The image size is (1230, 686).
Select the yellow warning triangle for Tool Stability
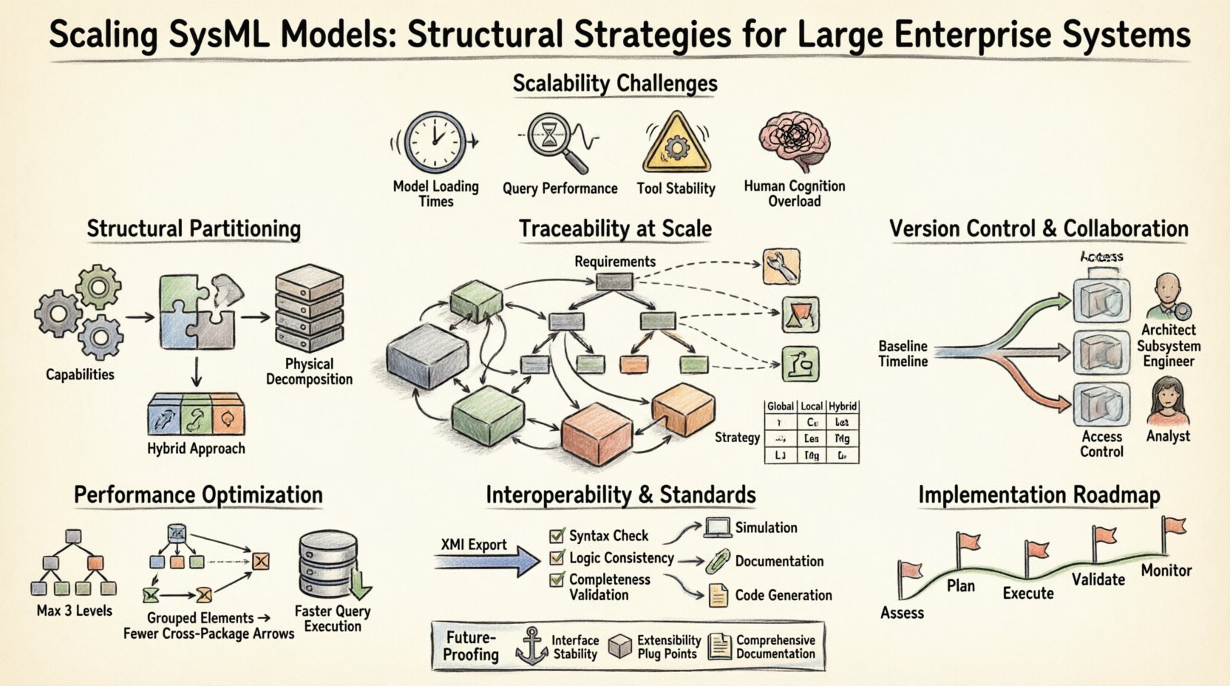pos(676,144)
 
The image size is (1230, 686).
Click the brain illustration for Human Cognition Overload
pos(795,140)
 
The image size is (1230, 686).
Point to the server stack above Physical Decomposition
pos(309,309)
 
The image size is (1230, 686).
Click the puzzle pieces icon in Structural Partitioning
pos(197,313)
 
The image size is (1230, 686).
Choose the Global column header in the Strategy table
pos(780,407)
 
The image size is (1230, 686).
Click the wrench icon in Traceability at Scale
pos(781,267)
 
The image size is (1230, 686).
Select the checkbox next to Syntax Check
pos(557,536)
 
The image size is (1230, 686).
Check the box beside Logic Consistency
pos(557,558)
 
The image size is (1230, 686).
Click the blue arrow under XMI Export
pos(488,562)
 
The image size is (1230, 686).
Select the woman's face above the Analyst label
pos(1167,401)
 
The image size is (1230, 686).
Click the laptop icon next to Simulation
pos(717,528)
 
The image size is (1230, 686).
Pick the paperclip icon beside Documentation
pos(716,561)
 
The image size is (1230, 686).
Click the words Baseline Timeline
pos(903,354)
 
